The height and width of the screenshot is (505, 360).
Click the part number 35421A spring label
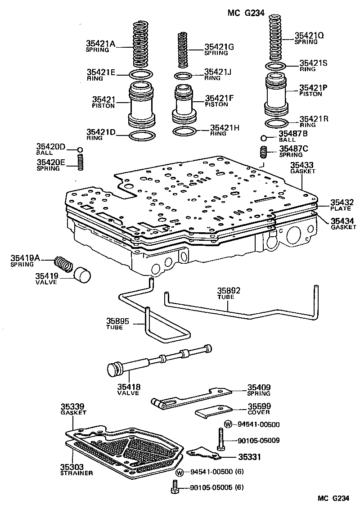tap(101, 44)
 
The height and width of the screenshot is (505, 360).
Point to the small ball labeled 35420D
tap(80, 150)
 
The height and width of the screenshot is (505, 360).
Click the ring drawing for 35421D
tap(143, 136)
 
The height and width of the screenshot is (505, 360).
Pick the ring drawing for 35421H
tap(184, 131)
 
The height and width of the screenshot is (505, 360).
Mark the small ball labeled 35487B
tap(265, 138)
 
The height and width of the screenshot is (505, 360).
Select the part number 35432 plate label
tap(342, 203)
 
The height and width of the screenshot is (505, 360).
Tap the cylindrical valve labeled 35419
tap(82, 275)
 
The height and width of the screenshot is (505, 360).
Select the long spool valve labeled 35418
tap(157, 361)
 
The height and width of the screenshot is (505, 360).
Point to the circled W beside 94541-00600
tap(228, 424)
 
